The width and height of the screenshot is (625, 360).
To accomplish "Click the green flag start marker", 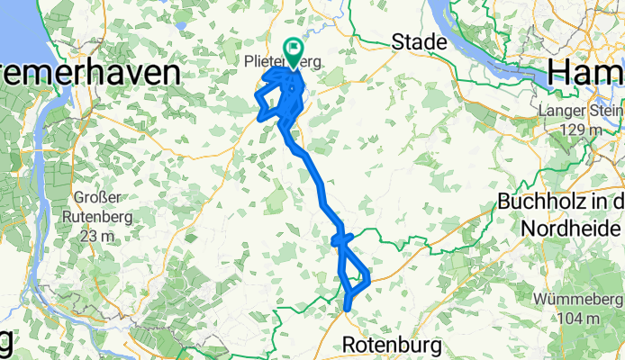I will click(294, 48).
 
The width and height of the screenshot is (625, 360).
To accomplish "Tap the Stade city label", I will click(420, 41).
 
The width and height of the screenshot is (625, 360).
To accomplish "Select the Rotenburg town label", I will click(393, 344).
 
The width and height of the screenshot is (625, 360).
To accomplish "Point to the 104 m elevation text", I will click(580, 319).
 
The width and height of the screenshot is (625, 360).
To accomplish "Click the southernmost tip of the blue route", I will click(348, 310).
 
